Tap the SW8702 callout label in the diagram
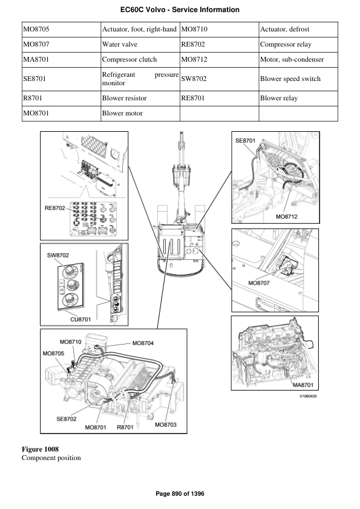59,256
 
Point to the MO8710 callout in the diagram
71,342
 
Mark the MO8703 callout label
165,424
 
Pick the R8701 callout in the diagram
125,427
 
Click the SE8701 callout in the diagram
245,140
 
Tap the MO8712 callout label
286,216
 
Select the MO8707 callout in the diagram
260,282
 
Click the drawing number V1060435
309,397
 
